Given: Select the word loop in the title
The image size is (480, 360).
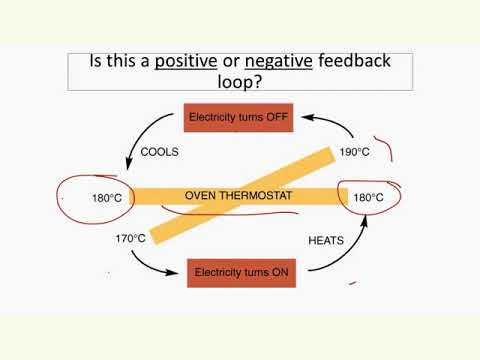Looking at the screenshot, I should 240,82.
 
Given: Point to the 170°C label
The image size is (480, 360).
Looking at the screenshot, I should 130,238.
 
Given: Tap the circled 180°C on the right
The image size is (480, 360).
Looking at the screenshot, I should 367,198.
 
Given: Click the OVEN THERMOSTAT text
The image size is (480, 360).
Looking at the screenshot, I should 237,195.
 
